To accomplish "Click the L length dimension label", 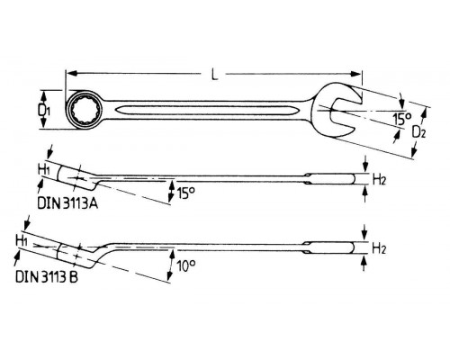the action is tap(214, 74).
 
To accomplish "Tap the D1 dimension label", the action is tap(44, 111).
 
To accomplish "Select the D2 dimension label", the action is tap(418, 131).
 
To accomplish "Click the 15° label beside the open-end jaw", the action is tap(402, 119).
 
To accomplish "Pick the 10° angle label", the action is tap(186, 265).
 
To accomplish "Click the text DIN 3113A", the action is tap(67, 203).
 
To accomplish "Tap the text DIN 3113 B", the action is tap(47, 277).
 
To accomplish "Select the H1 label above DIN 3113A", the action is tap(44, 170).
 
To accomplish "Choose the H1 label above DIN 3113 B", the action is tap(22, 241).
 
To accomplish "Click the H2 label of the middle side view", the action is tap(379, 180).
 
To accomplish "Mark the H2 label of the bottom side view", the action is tap(379, 248).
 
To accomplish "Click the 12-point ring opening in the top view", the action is tap(85, 111).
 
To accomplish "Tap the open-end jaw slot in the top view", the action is tap(345, 112).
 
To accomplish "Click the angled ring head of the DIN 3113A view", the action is tap(78, 177).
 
